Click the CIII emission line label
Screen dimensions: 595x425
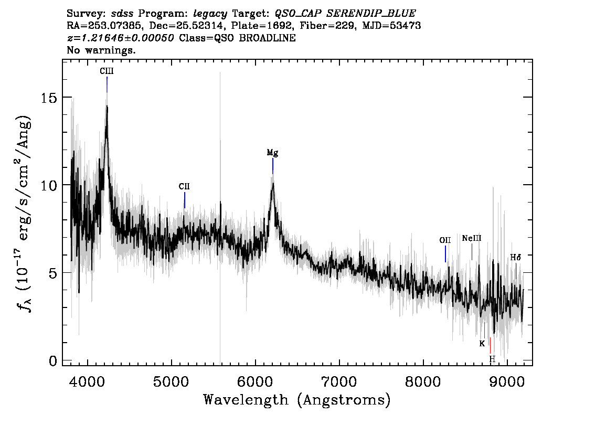[x=107, y=71]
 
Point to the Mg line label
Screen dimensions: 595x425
[x=272, y=153]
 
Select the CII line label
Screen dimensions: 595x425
[x=184, y=186]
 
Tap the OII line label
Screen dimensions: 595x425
[x=445, y=240]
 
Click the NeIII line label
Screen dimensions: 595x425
[x=472, y=238]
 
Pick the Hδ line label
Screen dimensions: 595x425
[x=516, y=257]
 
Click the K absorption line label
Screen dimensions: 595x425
[x=482, y=344]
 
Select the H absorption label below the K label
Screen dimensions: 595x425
[x=492, y=359]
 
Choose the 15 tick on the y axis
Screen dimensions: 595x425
[x=49, y=98]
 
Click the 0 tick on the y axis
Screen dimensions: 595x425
[x=53, y=360]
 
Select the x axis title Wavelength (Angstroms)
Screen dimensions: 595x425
[x=297, y=400]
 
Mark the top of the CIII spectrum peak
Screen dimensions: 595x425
[x=107, y=106]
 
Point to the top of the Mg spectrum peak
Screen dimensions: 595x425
[x=272, y=183]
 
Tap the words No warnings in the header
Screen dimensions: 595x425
[x=101, y=50]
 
